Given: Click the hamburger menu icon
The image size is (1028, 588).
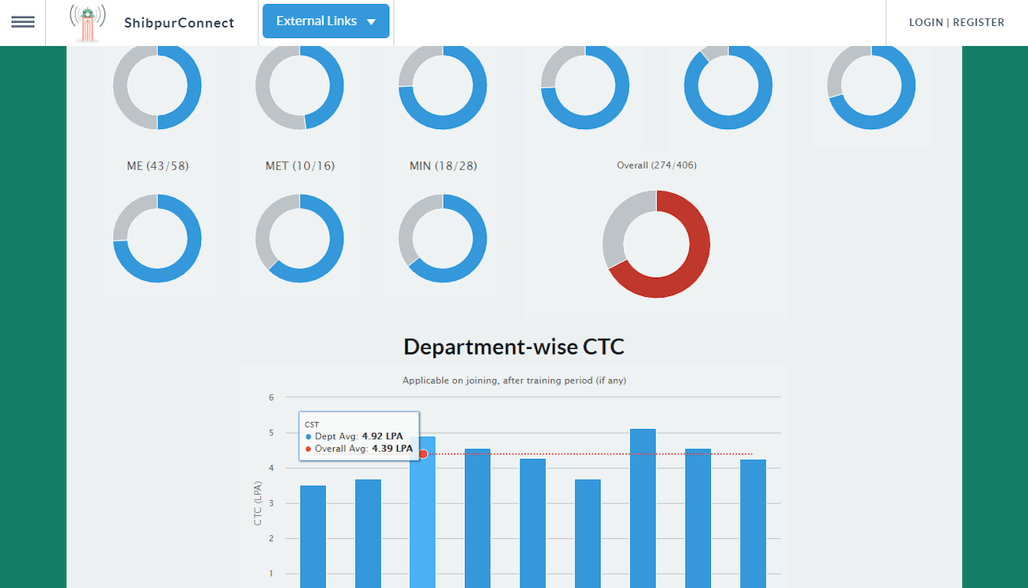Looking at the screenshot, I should click(x=23, y=22).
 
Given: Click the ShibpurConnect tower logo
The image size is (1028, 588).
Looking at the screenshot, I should click(x=88, y=23).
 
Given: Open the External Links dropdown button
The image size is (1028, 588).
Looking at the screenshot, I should click(x=326, y=21).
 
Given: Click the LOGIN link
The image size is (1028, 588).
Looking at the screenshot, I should click(x=926, y=23).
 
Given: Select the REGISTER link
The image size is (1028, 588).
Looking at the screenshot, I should click(x=978, y=23).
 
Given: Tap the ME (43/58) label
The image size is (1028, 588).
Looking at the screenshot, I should click(x=157, y=166).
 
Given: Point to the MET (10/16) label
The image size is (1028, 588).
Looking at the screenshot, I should click(x=300, y=166).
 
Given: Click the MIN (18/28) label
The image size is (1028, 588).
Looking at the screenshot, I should click(x=443, y=166).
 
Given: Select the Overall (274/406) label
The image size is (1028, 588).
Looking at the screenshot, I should click(x=656, y=165).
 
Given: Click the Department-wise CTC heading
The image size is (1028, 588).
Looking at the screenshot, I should click(x=514, y=347).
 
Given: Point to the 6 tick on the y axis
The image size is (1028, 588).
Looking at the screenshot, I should click(x=271, y=397).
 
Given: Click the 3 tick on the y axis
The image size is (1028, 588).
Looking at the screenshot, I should click(x=271, y=503).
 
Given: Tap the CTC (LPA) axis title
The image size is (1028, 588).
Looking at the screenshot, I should click(x=258, y=503).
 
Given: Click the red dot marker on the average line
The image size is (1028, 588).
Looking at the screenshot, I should click(x=423, y=454).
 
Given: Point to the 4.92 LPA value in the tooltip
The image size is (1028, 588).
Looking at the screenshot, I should click(x=383, y=436).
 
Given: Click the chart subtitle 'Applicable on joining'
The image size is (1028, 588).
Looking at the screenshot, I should click(x=514, y=381).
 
